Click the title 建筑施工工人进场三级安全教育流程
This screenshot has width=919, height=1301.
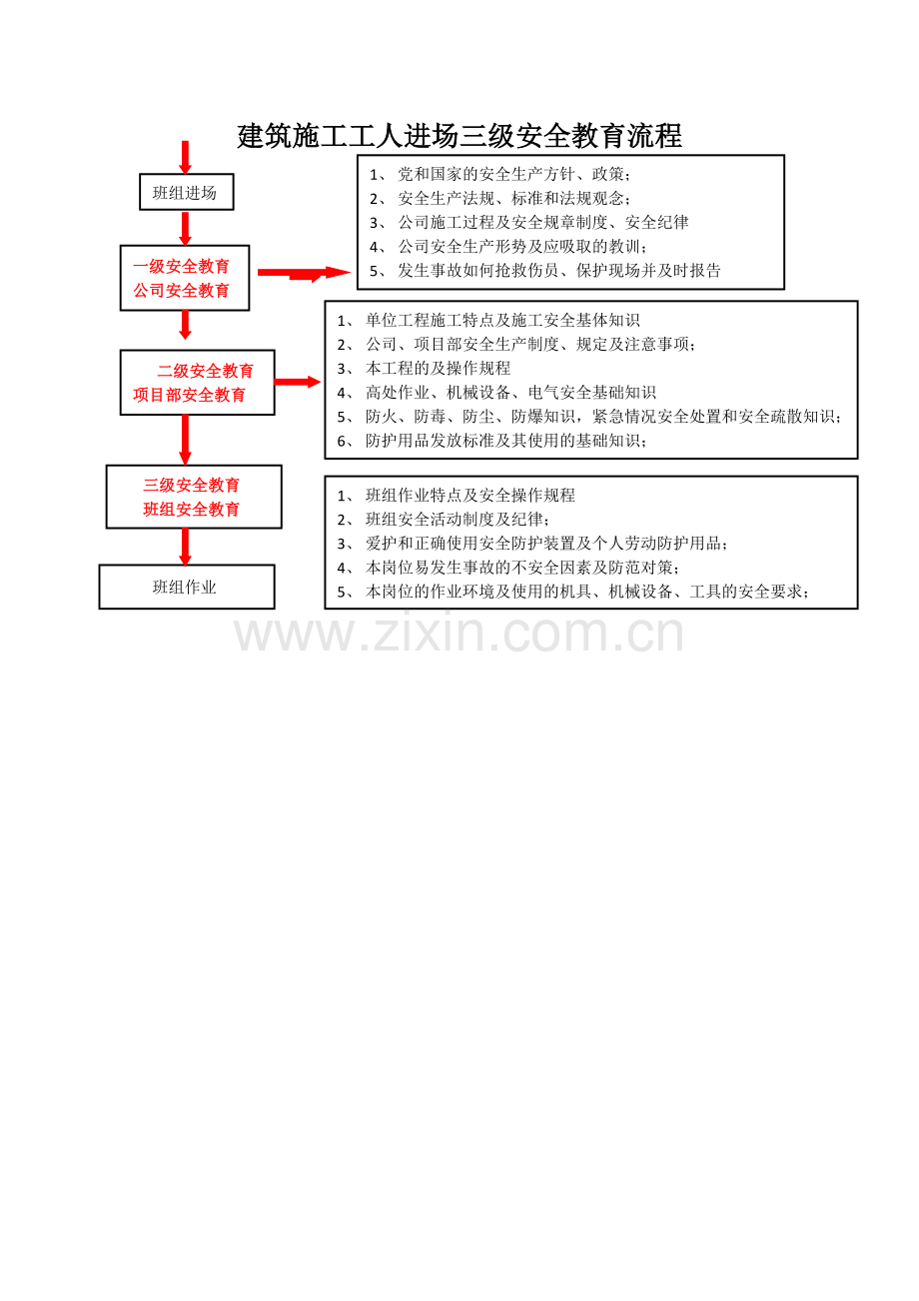pos(459,136)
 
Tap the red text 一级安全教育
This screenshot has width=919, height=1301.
pos(181,266)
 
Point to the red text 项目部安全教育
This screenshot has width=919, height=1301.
pos(189,395)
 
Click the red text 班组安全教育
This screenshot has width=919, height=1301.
pos(191,510)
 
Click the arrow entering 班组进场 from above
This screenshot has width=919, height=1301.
pos(185,157)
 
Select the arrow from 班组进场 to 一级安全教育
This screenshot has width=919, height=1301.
pos(185,228)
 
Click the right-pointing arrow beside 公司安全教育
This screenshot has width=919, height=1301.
pos(305,273)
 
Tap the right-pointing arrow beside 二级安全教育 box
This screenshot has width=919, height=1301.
pos(298,382)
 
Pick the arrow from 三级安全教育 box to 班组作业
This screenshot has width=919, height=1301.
pos(185,547)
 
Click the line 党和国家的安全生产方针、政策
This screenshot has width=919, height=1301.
pos(499,174)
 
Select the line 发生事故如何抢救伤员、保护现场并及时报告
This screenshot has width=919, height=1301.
pos(544,270)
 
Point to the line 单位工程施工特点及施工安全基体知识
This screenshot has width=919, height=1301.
pos(487,320)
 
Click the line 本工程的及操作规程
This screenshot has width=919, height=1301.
pos(424,369)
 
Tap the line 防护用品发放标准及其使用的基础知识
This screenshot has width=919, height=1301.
pos(491,441)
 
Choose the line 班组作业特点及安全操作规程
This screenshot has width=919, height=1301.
pos(456,495)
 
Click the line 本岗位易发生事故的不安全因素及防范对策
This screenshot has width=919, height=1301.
pos(507,567)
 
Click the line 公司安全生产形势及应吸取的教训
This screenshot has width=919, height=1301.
pos(507,246)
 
